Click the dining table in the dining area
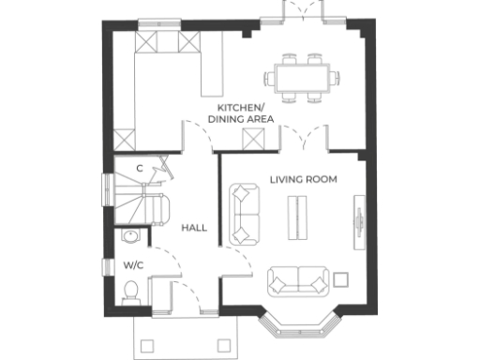pyautogui.click(x=301, y=75)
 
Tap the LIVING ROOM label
pyautogui.click(x=303, y=179)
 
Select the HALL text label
pyautogui.click(x=194, y=228)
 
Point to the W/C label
pyautogui.click(x=132, y=265)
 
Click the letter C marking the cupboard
pyautogui.click(x=140, y=169)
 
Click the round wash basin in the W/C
pyautogui.click(x=130, y=236)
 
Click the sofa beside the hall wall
pyautogui.click(x=246, y=214)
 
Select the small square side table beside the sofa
pyautogui.click(x=341, y=278)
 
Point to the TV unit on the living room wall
pyautogui.click(x=358, y=221)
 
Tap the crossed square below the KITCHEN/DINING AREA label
pyautogui.click(x=251, y=140)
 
